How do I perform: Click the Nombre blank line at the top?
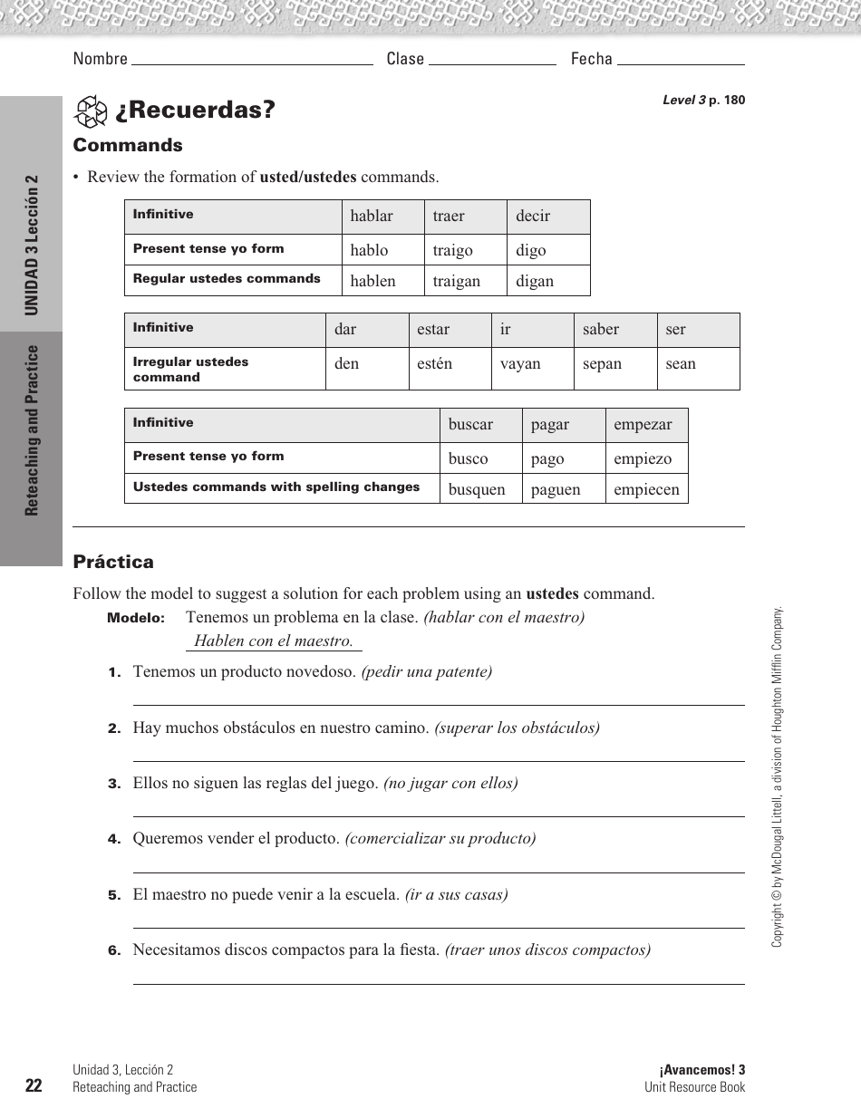tap(252, 60)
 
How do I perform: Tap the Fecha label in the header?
tap(591, 59)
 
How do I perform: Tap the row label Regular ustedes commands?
tap(227, 279)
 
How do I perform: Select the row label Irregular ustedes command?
tap(190, 369)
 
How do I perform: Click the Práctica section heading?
tap(113, 562)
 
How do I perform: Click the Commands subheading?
tap(128, 145)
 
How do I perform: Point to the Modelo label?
tap(136, 618)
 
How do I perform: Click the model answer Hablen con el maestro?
tap(273, 641)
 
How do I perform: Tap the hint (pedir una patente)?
tap(426, 671)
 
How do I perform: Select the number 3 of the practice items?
tap(114, 784)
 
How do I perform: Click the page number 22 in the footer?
tap(34, 1086)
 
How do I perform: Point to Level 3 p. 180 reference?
tap(703, 101)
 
